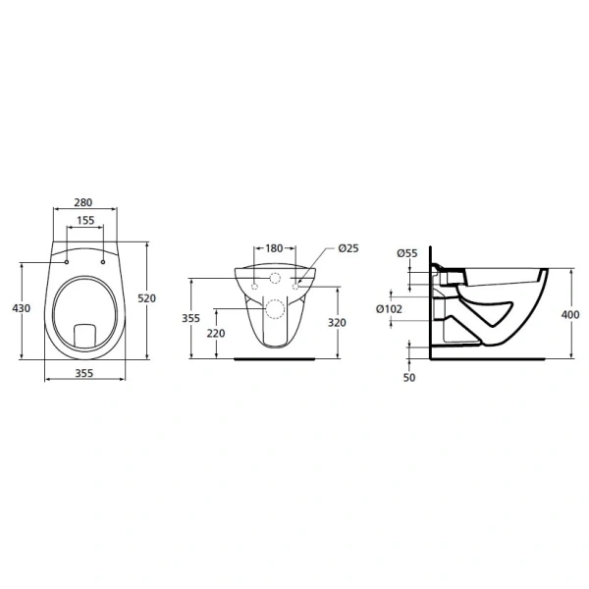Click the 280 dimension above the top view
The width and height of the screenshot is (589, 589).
click(84, 202)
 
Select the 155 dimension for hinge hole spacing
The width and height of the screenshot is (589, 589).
click(84, 221)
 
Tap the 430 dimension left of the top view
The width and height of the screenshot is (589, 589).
click(21, 308)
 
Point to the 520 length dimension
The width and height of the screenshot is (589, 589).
click(148, 298)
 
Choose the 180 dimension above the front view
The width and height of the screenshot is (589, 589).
click(274, 248)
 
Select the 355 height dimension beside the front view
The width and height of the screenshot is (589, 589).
click(191, 318)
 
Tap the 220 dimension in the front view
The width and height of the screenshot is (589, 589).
click(216, 334)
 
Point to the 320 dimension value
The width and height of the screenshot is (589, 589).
click(336, 321)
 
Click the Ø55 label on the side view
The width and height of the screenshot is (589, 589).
click(407, 253)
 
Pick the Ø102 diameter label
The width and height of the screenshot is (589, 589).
click(390, 308)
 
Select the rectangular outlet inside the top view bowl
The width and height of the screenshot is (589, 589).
click(84, 334)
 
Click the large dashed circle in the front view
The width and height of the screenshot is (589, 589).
click(275, 311)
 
